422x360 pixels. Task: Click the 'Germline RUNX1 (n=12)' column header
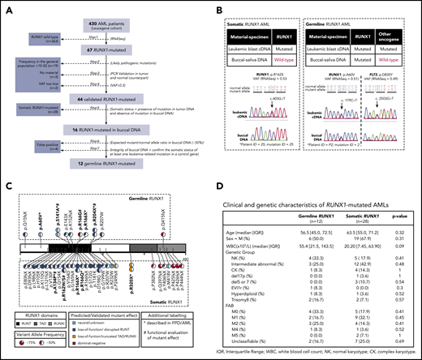[x=315, y=225]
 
